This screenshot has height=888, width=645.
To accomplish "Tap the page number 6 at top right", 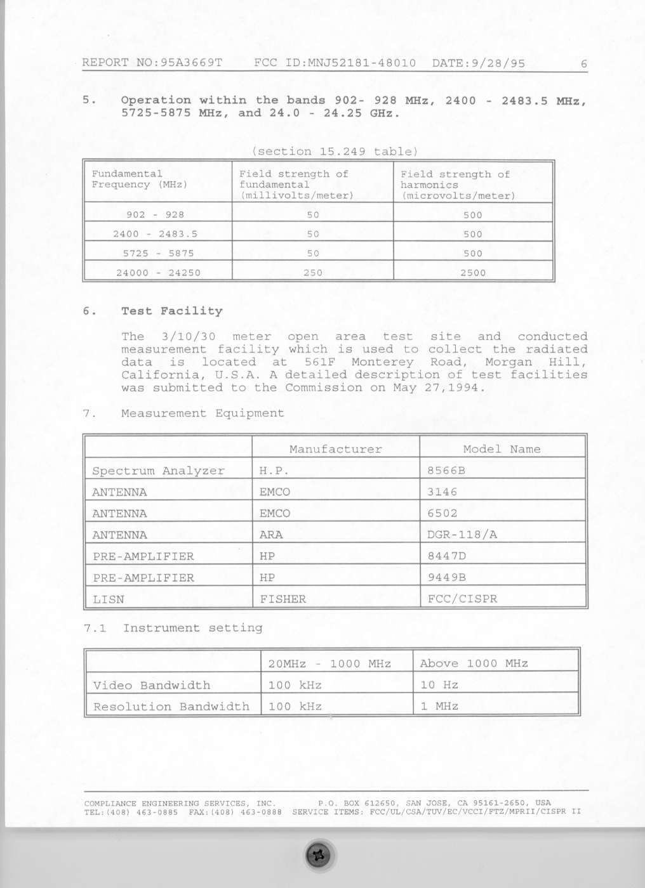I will click(x=583, y=63).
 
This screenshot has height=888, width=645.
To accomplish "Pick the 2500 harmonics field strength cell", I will click(x=473, y=273).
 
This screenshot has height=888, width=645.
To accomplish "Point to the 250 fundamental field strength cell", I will click(x=312, y=273).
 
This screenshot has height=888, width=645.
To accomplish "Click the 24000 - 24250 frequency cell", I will click(x=158, y=273).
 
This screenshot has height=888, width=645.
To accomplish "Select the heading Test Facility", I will click(x=172, y=311).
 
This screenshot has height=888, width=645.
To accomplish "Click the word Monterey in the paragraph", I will click(x=382, y=362).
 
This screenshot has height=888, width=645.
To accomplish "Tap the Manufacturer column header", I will click(x=336, y=449).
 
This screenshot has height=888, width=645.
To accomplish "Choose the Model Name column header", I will click(x=502, y=449).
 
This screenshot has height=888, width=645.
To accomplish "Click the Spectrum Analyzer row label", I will click(x=158, y=471).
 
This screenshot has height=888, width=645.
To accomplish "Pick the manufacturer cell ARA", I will click(x=271, y=535).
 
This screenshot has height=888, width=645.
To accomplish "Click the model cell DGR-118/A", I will click(x=462, y=535).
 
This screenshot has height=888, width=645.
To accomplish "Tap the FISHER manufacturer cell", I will click(x=283, y=599).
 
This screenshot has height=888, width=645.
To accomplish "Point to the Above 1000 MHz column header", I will click(x=474, y=663).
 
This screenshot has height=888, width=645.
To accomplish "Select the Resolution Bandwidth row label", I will click(x=171, y=707).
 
